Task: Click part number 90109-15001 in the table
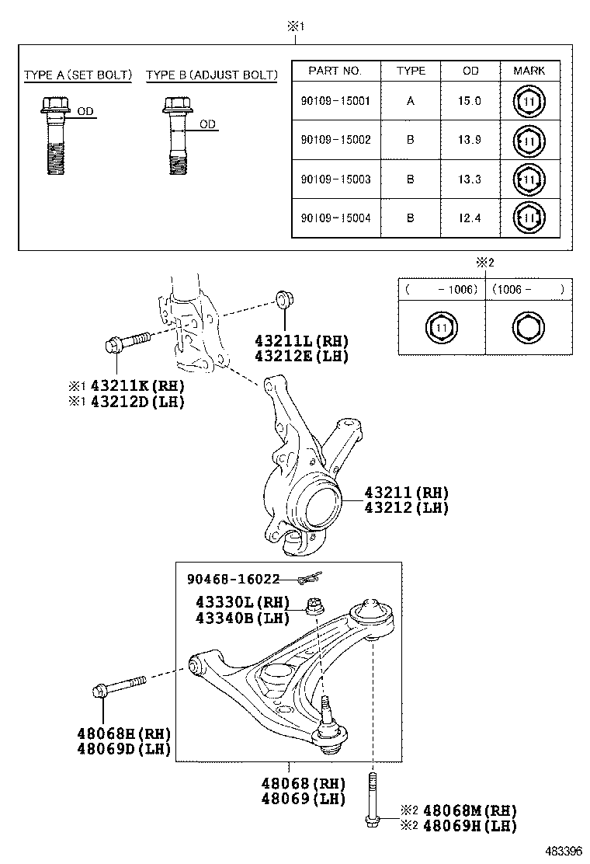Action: click(x=335, y=101)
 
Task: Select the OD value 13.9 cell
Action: click(x=470, y=141)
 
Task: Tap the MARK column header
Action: click(x=529, y=71)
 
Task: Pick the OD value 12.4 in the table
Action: click(x=470, y=218)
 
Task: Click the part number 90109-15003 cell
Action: click(x=335, y=179)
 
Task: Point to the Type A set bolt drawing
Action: click(x=54, y=135)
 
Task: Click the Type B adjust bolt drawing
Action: click(x=175, y=135)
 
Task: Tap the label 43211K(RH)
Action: click(x=137, y=385)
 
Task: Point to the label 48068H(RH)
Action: click(x=124, y=734)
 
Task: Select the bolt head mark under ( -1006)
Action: click(x=441, y=328)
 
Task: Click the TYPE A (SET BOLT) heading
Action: click(x=78, y=75)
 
